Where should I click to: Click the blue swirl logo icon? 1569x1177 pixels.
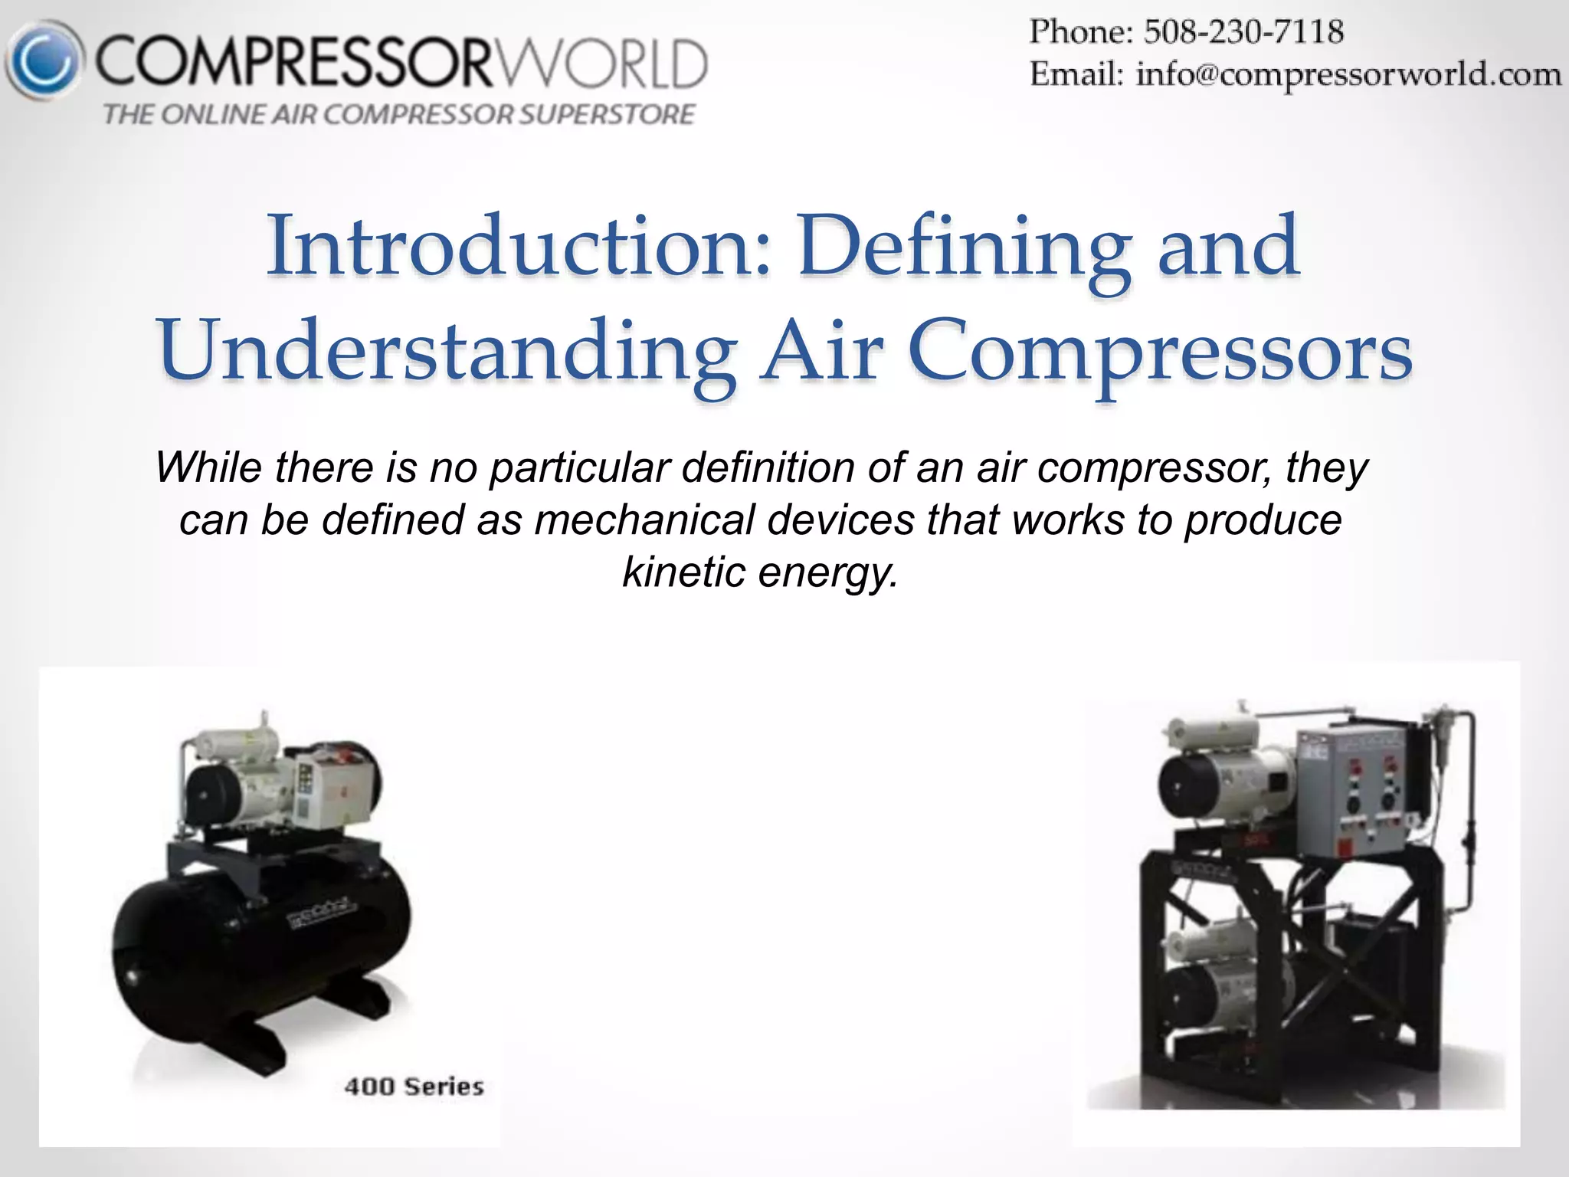(44, 61)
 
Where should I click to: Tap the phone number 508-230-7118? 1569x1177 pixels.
(1243, 32)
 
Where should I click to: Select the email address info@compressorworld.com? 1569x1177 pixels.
(1348, 75)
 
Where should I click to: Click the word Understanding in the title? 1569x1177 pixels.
(447, 351)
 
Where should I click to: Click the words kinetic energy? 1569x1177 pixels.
(759, 572)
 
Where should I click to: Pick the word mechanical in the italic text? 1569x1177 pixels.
(644, 520)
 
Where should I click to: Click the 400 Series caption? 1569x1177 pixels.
(414, 1087)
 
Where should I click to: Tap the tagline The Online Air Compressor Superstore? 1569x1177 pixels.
(399, 115)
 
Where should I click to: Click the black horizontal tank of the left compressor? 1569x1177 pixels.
(260, 943)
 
